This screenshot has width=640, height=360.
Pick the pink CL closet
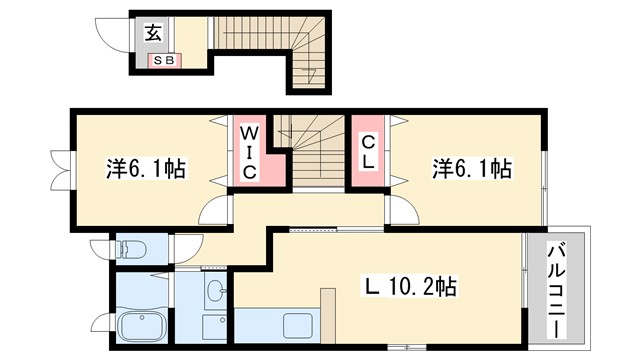367,153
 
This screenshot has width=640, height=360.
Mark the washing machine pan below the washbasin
216,327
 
